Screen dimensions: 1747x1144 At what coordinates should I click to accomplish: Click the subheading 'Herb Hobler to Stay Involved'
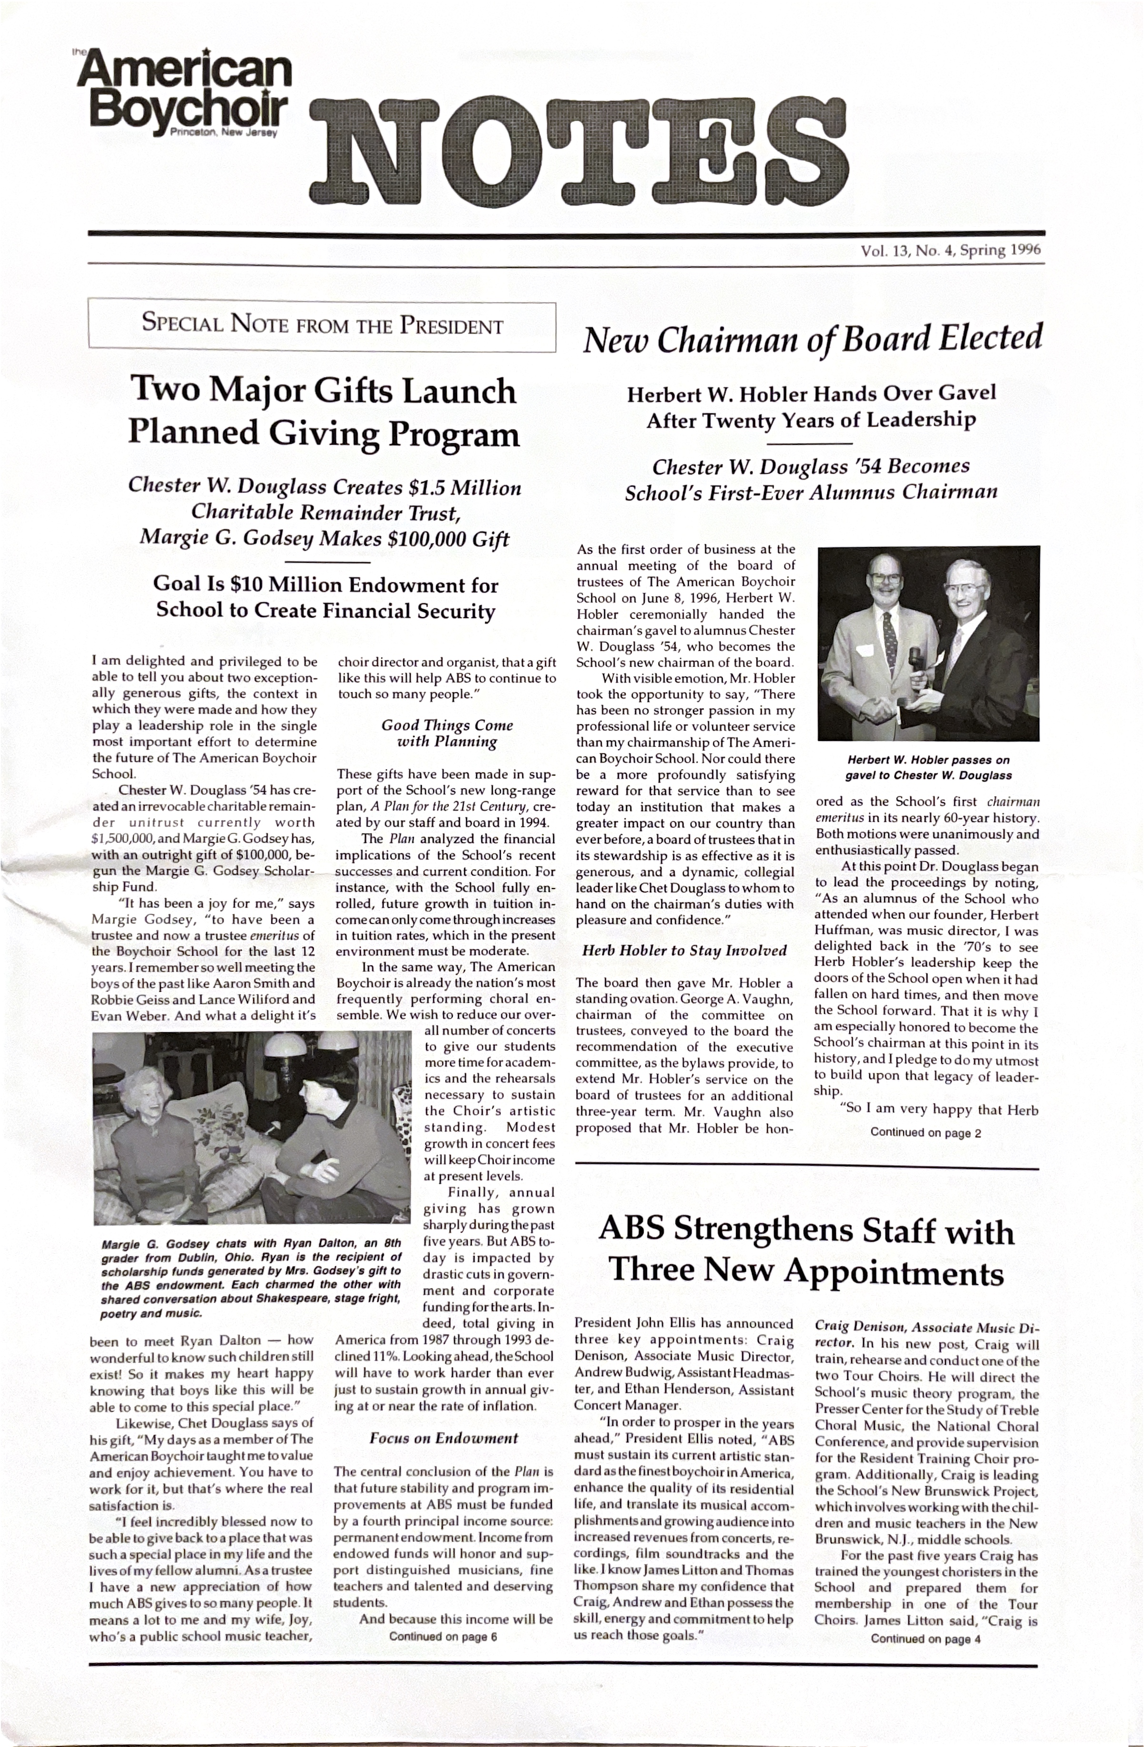(x=684, y=950)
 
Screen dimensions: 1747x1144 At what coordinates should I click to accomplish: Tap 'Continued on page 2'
(x=925, y=1133)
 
